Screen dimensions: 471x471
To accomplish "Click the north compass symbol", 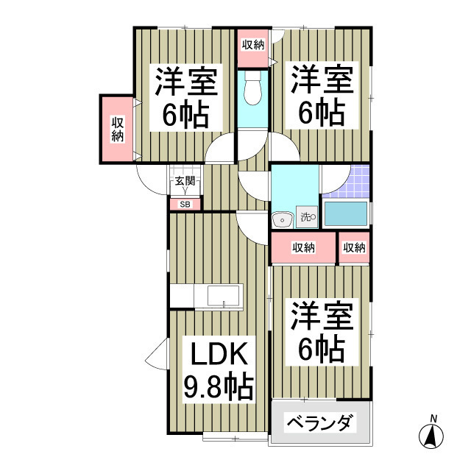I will click(x=433, y=435).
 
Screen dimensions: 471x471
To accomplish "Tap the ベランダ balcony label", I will click(x=320, y=424).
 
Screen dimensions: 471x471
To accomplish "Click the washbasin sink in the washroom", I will click(x=280, y=219).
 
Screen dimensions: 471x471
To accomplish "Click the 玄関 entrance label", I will click(x=184, y=181).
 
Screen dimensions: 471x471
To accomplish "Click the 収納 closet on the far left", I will click(x=118, y=130).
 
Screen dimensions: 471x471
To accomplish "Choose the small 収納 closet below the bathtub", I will click(x=354, y=248).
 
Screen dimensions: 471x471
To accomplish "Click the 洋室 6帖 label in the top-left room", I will click(x=185, y=97).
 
